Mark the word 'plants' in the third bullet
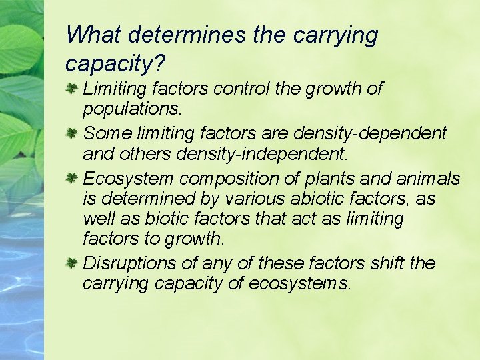pyautogui.click(x=321, y=179)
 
